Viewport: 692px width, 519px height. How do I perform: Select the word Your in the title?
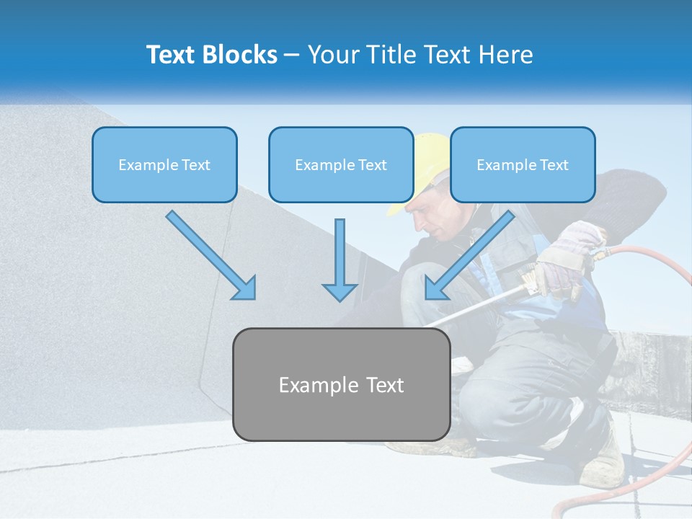(332, 55)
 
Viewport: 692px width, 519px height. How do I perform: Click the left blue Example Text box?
(164, 164)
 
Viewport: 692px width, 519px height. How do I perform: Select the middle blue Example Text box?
(341, 164)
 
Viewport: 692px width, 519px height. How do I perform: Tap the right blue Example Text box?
(523, 164)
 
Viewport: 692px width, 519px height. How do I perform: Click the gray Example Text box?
(341, 384)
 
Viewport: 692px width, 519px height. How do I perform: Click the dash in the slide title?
(292, 56)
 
